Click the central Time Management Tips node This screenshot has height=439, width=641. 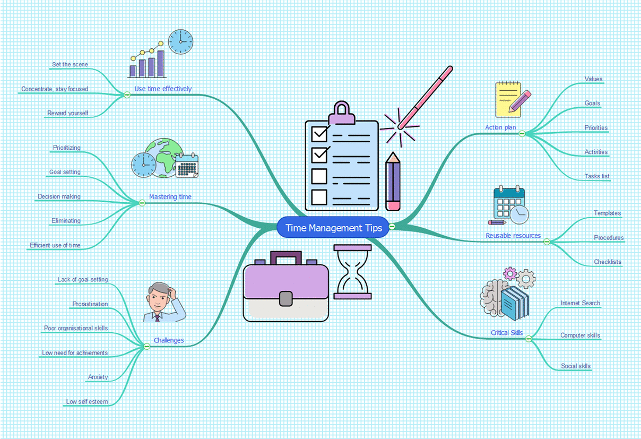[333, 228]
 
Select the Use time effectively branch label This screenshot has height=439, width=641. [163, 89]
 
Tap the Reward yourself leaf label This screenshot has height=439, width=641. [67, 113]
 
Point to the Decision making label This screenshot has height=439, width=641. [59, 196]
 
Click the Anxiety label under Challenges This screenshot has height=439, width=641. [98, 377]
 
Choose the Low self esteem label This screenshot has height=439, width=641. [86, 402]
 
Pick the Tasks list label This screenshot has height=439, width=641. [597, 176]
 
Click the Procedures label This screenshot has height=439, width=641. [609, 238]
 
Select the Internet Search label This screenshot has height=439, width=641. [581, 303]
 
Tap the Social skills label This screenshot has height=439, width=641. [576, 366]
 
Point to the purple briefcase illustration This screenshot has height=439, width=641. [285, 287]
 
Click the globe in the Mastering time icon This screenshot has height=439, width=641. [162, 156]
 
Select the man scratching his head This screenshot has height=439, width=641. [163, 302]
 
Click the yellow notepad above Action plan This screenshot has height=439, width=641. [507, 99]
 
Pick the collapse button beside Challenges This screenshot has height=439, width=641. [147, 346]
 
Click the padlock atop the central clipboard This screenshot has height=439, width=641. [342, 113]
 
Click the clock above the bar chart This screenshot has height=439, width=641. [181, 41]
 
